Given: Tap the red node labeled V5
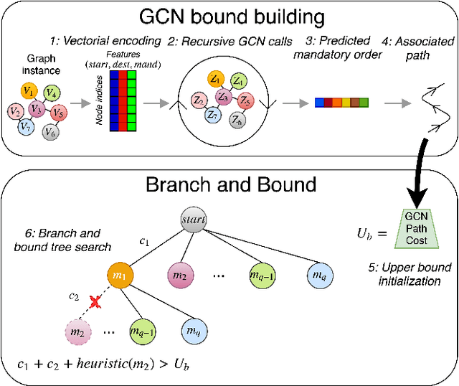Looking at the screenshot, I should click(x=59, y=113).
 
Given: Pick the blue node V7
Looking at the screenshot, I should click(x=26, y=127).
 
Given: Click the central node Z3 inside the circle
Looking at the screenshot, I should click(x=224, y=98).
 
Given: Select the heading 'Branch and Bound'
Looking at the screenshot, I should click(x=230, y=184).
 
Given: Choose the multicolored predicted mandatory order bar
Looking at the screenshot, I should click(x=341, y=104).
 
